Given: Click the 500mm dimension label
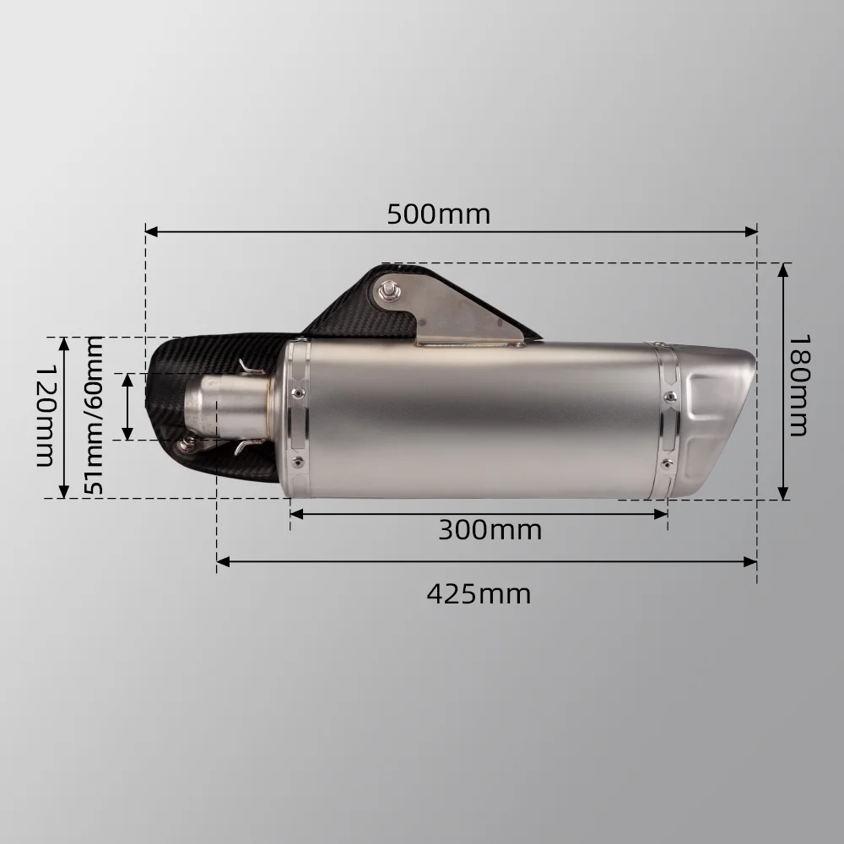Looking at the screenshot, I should point(438,214).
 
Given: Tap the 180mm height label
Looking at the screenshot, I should point(798,385).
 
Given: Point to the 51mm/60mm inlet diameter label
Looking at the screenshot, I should point(94,416).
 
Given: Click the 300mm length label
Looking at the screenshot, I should point(490,530).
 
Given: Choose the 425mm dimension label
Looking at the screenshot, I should point(479,594).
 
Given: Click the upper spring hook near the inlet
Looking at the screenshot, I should point(246,368).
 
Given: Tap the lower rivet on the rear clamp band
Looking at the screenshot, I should point(667,464).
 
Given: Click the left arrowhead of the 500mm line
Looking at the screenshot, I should point(150,230).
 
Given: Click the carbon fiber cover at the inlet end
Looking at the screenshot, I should point(169,397).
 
